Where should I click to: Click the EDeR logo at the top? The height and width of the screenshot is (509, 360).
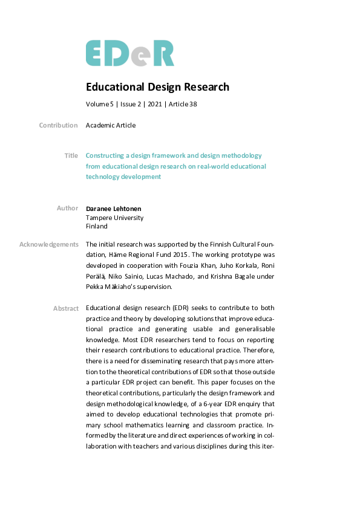(x=129, y=53)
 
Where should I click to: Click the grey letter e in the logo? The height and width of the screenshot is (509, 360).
(x=140, y=56)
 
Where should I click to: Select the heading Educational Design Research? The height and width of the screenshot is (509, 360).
(x=157, y=87)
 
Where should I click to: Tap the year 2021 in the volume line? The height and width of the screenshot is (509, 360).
(x=154, y=104)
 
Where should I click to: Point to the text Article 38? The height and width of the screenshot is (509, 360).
(x=182, y=104)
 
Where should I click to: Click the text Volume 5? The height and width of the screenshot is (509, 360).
(x=99, y=104)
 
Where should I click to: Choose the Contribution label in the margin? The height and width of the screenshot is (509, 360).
(x=58, y=125)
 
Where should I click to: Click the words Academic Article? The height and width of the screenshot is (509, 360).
(x=111, y=125)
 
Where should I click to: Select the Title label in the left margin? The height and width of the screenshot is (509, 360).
(x=71, y=155)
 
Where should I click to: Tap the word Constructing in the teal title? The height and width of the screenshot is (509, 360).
(x=106, y=155)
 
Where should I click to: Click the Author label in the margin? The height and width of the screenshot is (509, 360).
(x=67, y=208)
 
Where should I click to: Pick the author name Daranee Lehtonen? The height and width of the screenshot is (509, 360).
(x=115, y=209)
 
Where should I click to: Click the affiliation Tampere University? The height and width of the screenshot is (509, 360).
(x=114, y=218)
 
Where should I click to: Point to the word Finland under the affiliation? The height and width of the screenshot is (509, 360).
(x=97, y=226)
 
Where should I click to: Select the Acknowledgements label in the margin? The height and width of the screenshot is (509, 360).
(x=48, y=244)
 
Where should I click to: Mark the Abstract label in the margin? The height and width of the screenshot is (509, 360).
(x=65, y=308)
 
